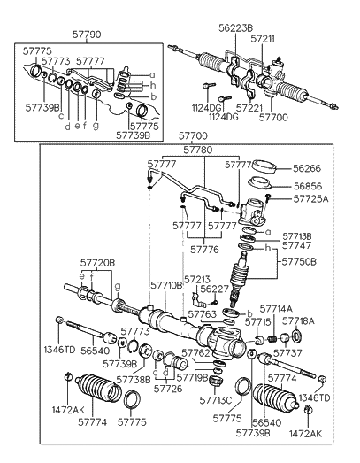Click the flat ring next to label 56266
point(264,166)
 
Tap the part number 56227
point(216,289)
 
